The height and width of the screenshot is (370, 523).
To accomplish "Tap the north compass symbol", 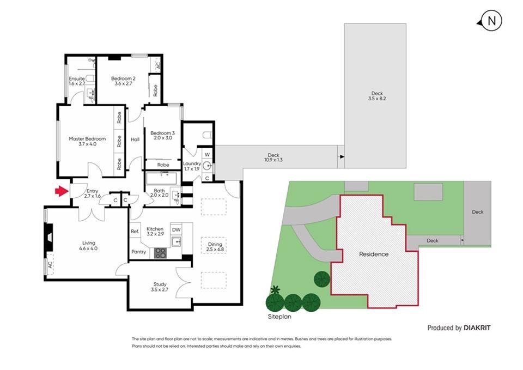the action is pos(490,21).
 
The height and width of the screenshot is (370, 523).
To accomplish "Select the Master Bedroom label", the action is pos(87,141).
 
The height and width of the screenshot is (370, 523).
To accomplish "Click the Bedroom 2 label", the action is pos(124,81).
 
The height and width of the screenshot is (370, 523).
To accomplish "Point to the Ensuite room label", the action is pos(77,81).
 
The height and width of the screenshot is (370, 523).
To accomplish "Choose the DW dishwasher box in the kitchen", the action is pos(176,229).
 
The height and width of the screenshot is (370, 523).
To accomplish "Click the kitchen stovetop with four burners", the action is pos(160,252).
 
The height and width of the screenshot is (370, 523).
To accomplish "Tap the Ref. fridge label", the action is pos(135,231).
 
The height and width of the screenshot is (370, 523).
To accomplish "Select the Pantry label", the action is pos(138,252).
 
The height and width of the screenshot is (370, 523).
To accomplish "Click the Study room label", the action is pos(160,287).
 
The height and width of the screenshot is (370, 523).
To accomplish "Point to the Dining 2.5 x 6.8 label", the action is pos(215,246).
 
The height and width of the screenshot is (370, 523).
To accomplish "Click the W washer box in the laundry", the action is pos(207,154).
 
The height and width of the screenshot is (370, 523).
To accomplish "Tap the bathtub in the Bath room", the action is pos(162,179).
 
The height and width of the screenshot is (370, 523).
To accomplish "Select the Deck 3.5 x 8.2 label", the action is pos(377,96).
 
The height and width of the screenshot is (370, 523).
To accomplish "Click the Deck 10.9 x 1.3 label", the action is pos(273,157).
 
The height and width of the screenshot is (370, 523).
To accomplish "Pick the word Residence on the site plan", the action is pos(374,254).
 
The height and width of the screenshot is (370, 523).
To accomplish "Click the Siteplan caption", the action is pos(279,317).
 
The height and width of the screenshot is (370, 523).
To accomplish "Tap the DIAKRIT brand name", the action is pos(477,328).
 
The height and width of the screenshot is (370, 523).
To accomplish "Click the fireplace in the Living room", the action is pos(48,237).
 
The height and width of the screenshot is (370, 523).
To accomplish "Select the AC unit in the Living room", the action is pos(50,265).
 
